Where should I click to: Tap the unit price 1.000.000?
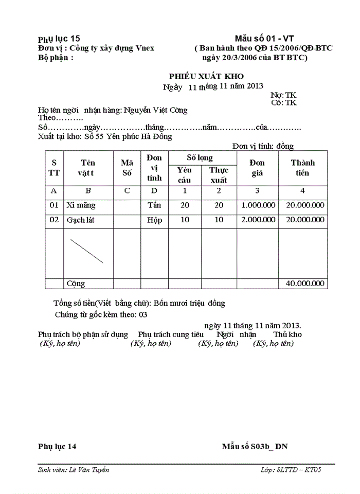click(258, 205)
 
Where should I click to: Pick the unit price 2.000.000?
click(258, 220)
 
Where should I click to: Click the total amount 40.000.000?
click(305, 284)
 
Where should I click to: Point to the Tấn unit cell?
click(154, 205)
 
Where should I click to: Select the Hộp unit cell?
click(154, 220)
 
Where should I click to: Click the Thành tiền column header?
click(303, 168)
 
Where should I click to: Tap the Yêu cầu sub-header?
click(185, 175)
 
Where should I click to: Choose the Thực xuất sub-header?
click(219, 175)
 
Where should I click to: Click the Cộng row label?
click(76, 284)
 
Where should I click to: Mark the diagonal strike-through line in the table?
click(86, 251)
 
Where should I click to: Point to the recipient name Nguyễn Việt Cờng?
click(155, 110)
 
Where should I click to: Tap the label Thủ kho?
click(287, 334)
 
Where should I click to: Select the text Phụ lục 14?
click(57, 446)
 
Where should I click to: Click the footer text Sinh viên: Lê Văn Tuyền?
click(74, 470)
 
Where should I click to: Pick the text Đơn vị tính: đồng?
click(263, 146)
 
